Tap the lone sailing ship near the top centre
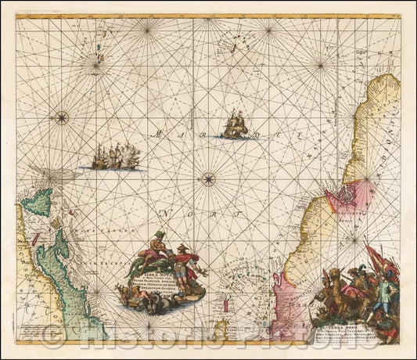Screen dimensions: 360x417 pyautogui.click(x=234, y=125)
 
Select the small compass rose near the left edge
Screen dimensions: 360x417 pyautogui.click(x=62, y=118)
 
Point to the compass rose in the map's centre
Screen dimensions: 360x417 pyautogui.click(x=208, y=179)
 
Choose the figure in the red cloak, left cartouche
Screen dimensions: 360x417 pyautogui.click(x=185, y=261)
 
